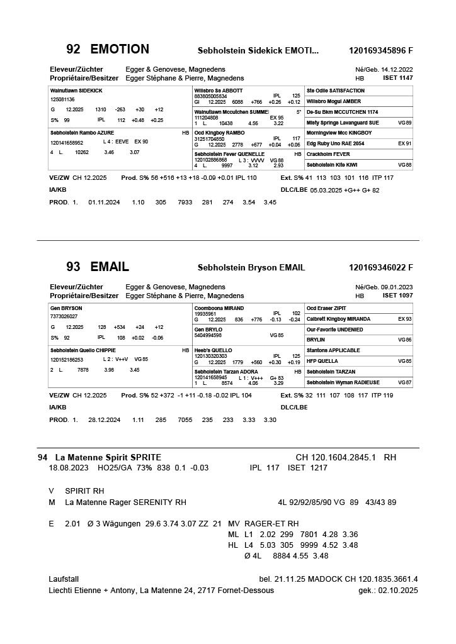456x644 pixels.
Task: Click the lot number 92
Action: (73, 50)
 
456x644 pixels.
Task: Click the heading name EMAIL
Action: (110, 267)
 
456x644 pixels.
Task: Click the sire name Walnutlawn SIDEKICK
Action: (76, 91)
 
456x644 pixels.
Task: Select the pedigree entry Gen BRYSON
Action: (66, 308)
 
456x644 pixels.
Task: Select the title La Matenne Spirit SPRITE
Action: (108, 457)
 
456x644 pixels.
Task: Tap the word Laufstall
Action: (64, 579)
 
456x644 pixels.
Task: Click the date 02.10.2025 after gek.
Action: (399, 591)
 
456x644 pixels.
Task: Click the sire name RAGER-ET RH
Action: (271, 523)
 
